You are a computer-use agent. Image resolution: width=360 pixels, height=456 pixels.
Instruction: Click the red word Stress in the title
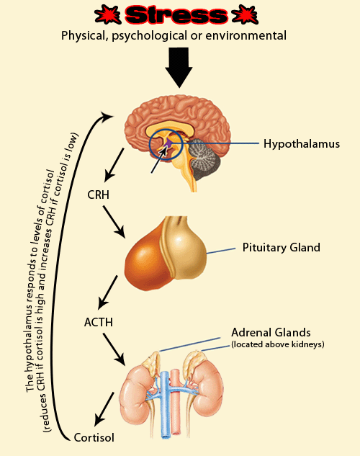click(x=176, y=15)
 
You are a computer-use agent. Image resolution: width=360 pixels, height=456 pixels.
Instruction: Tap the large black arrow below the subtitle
click(x=179, y=68)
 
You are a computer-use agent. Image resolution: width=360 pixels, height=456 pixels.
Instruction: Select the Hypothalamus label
click(x=302, y=144)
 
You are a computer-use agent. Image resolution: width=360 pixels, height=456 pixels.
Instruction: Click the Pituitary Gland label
click(x=282, y=248)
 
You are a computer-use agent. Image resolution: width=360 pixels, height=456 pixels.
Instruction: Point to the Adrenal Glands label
click(x=271, y=332)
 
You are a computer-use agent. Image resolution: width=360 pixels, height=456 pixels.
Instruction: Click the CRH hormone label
click(x=98, y=195)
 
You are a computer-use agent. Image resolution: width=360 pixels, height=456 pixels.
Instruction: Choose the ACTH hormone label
click(x=99, y=322)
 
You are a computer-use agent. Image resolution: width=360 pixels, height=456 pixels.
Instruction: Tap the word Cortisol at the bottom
click(x=94, y=438)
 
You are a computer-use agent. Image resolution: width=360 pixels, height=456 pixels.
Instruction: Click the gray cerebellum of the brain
click(x=202, y=159)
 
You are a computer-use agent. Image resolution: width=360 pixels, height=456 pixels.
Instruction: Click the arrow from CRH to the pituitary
click(x=114, y=222)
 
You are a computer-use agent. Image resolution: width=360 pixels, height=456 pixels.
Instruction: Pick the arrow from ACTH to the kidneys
click(x=114, y=349)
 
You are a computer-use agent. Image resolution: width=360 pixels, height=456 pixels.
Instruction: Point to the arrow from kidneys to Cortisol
click(x=104, y=409)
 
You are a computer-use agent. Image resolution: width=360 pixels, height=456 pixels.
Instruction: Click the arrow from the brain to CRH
click(x=114, y=164)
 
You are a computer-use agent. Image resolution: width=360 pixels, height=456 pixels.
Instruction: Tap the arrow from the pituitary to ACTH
click(x=108, y=292)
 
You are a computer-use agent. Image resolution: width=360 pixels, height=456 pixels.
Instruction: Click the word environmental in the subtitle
click(x=246, y=35)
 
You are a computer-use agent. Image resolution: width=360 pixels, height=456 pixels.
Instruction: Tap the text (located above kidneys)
click(x=278, y=344)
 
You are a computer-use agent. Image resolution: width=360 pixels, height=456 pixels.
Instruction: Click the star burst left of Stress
click(x=107, y=15)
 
